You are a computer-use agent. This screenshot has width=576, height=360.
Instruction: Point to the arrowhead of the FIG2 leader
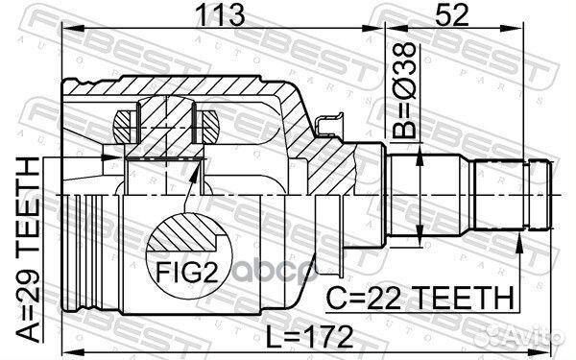tap(199, 166)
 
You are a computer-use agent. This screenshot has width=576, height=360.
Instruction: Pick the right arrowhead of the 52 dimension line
tap(552, 30)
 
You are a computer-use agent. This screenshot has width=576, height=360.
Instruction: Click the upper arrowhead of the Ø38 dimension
tap(420, 154)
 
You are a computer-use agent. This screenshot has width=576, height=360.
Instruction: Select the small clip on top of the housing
tap(329, 123)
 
